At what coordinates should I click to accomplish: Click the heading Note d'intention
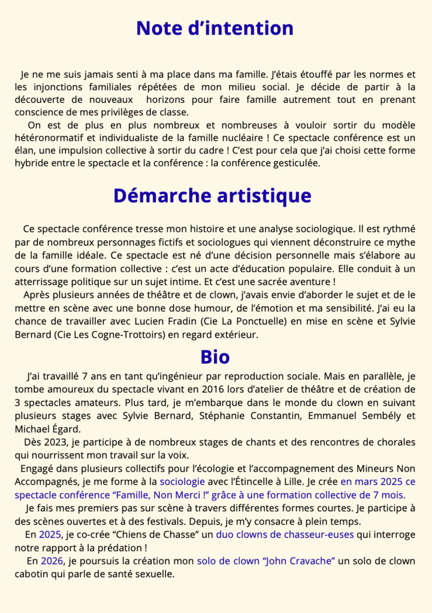point(215,28)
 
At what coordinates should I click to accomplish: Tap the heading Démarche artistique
point(212,196)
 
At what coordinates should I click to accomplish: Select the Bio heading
point(215,357)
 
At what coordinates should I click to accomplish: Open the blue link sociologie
point(182,481)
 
